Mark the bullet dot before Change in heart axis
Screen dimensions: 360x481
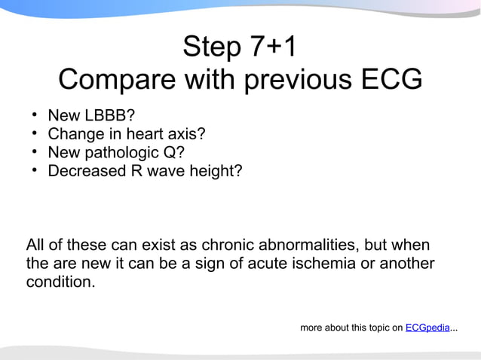click(35, 134)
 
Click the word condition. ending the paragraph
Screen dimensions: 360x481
click(60, 284)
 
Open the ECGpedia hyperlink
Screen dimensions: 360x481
click(427, 328)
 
